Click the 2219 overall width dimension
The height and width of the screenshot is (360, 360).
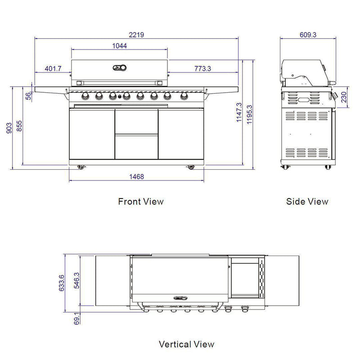[136, 35]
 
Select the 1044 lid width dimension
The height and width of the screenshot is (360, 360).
[119, 46]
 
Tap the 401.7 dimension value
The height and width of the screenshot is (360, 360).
[53, 69]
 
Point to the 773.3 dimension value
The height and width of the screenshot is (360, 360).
[202, 69]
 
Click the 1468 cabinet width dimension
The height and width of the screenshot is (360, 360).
[137, 177]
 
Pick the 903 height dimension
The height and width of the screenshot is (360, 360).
[9, 128]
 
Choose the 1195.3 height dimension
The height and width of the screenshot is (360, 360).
[249, 115]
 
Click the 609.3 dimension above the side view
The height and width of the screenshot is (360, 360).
[308, 35]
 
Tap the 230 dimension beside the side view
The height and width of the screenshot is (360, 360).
[343, 97]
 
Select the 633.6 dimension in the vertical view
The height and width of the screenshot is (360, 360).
[62, 283]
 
